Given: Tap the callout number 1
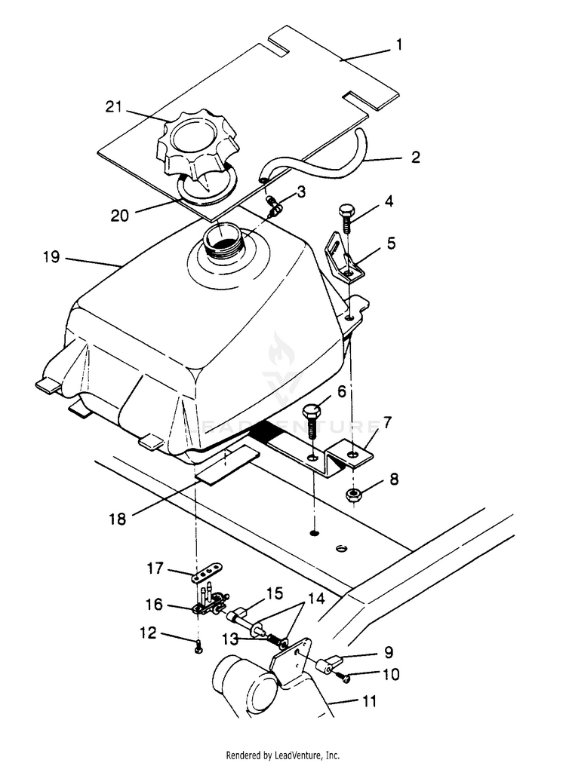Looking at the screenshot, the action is click(399, 45).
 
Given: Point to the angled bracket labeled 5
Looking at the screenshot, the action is click(343, 259).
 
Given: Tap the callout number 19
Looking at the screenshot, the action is click(51, 256).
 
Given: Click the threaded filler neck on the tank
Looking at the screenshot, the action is click(221, 238).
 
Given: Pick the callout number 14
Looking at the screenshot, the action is click(316, 598).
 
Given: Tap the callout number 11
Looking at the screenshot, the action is click(369, 701).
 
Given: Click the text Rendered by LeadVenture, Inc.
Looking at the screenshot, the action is click(282, 755).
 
